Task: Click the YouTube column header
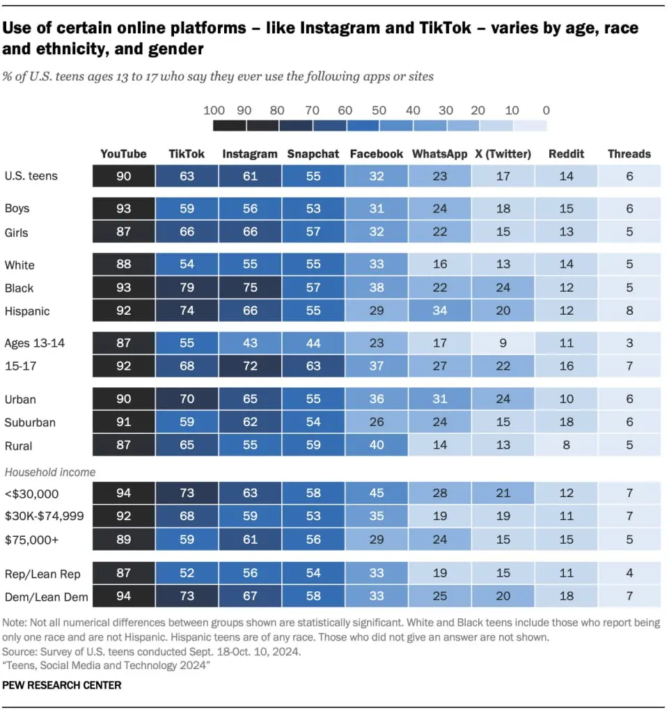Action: [123, 154]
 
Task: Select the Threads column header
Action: [629, 154]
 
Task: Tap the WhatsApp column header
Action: [439, 154]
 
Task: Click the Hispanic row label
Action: [27, 311]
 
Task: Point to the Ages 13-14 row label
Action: [35, 343]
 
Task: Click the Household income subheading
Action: [50, 471]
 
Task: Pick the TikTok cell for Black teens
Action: [187, 288]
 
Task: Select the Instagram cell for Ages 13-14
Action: [250, 343]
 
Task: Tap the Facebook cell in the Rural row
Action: [377, 446]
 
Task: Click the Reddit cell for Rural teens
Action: [566, 446]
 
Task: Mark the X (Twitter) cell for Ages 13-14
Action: [503, 343]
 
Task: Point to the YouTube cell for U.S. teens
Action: [123, 176]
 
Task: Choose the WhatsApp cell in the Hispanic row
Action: [439, 311]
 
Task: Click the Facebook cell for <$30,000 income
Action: [377, 493]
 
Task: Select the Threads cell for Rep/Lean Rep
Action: [629, 574]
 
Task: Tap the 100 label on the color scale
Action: [214, 110]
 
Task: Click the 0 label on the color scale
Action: [545, 110]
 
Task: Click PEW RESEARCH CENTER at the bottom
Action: [62, 685]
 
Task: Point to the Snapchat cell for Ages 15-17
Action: [313, 366]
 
